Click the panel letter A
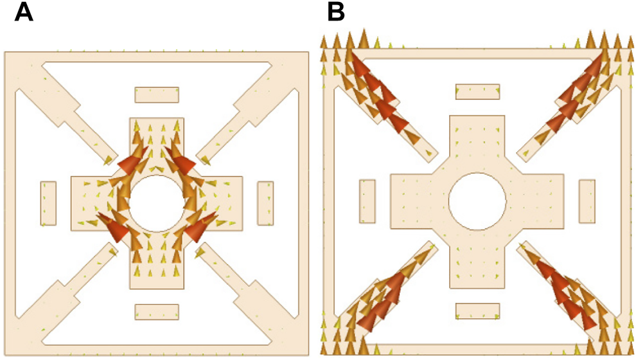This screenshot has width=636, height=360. point(24,13)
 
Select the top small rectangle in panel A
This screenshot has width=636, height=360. point(157,94)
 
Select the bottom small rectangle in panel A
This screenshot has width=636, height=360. point(157,312)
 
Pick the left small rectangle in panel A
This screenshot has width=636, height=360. point(48,203)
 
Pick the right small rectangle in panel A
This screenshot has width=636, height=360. point(265,203)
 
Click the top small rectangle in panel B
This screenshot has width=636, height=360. point(477,91)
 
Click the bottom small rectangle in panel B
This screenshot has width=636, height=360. point(477,311)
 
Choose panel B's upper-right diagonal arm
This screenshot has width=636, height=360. point(565,103)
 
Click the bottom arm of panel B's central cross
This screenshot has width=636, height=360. point(477,264)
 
